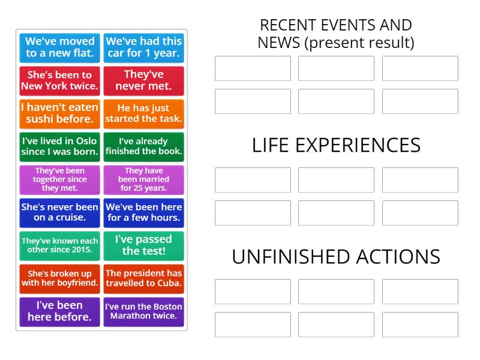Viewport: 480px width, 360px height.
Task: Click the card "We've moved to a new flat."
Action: tap(59, 47)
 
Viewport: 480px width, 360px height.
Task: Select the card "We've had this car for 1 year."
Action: tap(143, 47)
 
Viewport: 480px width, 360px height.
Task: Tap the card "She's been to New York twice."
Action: tap(59, 80)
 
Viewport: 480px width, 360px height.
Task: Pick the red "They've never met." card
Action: tap(143, 80)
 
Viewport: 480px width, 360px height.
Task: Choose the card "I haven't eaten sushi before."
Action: tap(59, 113)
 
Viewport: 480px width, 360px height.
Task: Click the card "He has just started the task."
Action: tap(143, 113)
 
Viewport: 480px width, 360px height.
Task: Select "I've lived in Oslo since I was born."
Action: tap(59, 146)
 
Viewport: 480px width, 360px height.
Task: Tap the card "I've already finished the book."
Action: tap(143, 146)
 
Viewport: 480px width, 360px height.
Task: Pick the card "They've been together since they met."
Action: tap(59, 179)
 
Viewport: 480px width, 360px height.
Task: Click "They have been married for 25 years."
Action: tap(143, 179)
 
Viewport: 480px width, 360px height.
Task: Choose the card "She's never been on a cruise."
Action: tap(59, 212)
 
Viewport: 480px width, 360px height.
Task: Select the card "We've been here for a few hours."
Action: tap(143, 212)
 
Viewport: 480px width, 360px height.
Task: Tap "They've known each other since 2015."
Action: tap(59, 245)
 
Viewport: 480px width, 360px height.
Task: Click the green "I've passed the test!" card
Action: tap(143, 245)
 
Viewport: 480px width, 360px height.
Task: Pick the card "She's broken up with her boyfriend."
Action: tap(59, 278)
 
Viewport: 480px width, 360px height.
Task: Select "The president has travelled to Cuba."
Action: tap(143, 278)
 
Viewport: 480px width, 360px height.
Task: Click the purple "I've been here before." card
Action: tap(59, 311)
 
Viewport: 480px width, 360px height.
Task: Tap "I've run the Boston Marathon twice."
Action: tap(143, 311)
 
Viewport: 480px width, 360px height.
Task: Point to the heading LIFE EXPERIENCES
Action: tap(336, 145)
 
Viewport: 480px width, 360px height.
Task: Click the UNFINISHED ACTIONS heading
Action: tap(336, 257)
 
